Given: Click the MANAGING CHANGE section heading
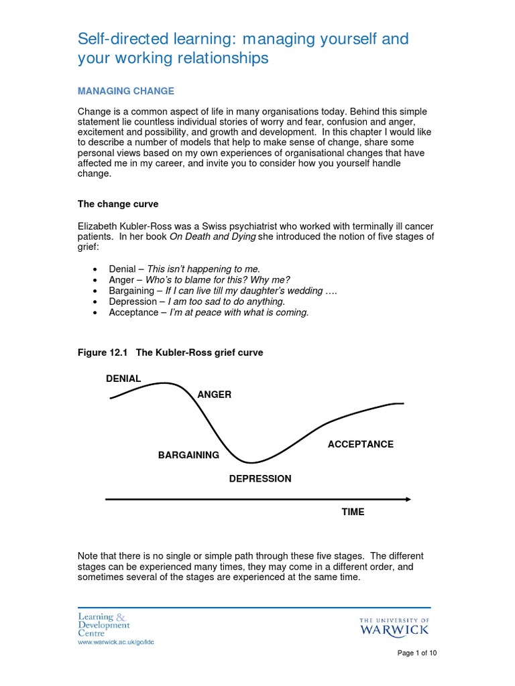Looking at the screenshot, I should pos(126,91).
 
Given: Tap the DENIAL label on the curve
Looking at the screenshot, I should pos(123,379).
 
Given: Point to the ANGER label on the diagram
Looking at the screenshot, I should pos(215,395).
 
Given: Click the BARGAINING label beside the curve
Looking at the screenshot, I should pos(188,455).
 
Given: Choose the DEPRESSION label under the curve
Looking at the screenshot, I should pos(260,479).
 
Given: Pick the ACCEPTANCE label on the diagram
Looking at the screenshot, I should pos(360,444).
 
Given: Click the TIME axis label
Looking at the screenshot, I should pos(353,512).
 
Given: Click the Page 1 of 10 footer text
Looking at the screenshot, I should pos(417,653).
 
